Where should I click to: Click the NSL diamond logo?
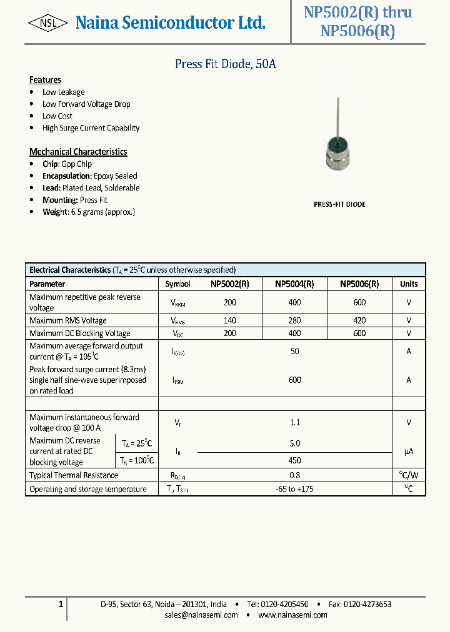point(48,24)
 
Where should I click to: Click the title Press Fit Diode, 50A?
point(224,64)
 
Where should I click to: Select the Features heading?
point(45,80)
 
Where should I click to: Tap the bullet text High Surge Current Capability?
point(91,128)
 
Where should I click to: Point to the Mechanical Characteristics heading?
point(78,152)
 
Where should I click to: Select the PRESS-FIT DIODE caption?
point(339,204)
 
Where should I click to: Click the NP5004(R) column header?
point(294,284)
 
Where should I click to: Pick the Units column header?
point(409,284)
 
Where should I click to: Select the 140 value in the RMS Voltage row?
point(230,320)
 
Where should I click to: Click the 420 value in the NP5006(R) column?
point(359,320)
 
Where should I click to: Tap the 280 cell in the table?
point(294,320)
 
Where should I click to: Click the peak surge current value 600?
point(294,380)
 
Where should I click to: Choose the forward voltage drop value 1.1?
point(294,422)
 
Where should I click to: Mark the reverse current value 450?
point(294,460)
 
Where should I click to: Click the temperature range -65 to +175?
point(294,489)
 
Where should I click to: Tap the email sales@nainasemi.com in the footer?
point(201,615)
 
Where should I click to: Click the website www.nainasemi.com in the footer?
point(292,615)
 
